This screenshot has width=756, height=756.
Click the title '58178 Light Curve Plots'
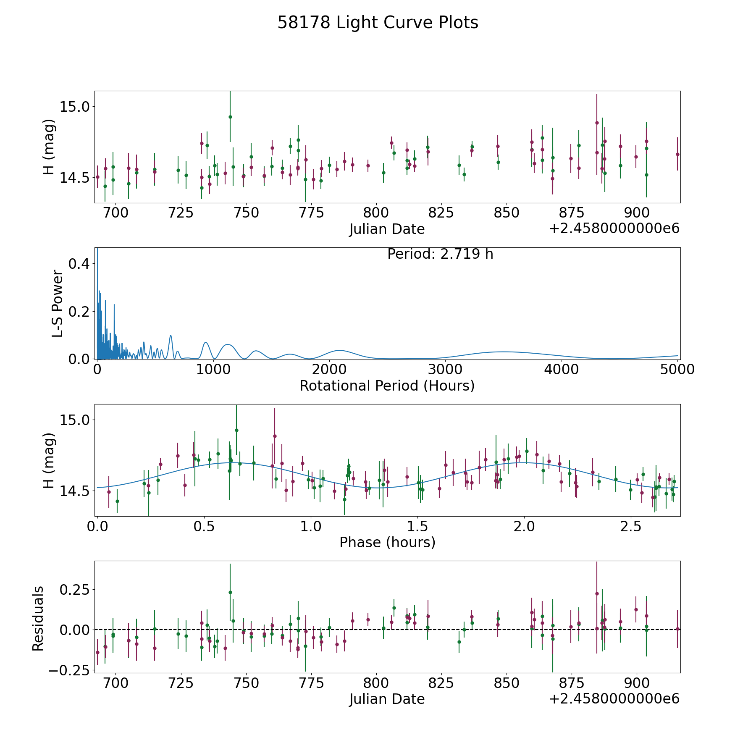(x=378, y=23)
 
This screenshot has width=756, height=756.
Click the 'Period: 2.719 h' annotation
(x=440, y=254)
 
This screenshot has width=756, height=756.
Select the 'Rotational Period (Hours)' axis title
(x=387, y=386)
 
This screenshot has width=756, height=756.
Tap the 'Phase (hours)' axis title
(x=387, y=542)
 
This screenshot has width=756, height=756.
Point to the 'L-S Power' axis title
(x=58, y=303)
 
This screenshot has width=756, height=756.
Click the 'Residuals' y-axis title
(x=38, y=618)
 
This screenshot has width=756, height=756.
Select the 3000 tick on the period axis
(x=445, y=370)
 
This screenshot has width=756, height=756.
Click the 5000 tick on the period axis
(x=677, y=370)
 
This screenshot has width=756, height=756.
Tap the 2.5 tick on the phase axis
(x=631, y=526)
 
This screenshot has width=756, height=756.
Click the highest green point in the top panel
(x=230, y=117)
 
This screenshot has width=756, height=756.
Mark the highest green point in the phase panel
(x=236, y=430)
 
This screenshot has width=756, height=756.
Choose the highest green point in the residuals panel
(x=230, y=592)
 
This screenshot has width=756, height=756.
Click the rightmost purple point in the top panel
(x=677, y=154)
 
